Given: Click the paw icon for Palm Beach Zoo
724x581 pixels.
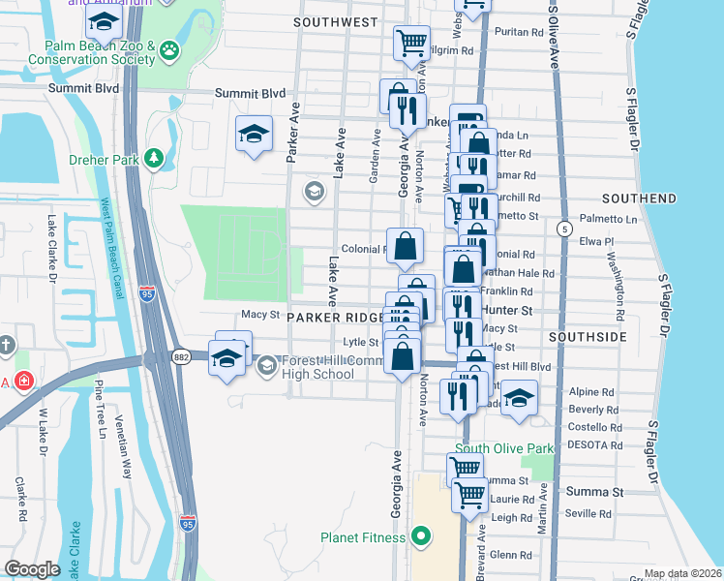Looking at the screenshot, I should tap(170, 48).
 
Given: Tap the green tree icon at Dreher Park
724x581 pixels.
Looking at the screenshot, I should tap(153, 158).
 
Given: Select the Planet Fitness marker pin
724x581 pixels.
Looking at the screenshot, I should tap(420, 535).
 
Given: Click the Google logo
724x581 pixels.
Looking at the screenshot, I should tap(32, 569).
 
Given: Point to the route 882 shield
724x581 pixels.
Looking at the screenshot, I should tap(183, 357).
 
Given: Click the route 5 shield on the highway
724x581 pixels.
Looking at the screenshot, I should tap(563, 228).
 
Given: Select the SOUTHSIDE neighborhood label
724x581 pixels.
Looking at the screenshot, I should tap(583, 336).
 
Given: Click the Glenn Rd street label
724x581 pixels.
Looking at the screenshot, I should tap(511, 555).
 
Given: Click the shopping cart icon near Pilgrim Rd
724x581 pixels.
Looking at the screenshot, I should tap(411, 43).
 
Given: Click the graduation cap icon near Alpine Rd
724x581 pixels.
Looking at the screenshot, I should tap(519, 398).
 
